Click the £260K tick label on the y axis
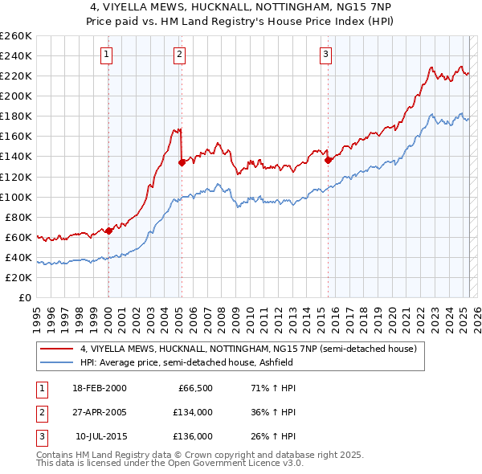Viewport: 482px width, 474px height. [15, 36]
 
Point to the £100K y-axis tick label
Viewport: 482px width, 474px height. [15, 197]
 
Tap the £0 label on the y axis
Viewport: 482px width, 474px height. [26, 298]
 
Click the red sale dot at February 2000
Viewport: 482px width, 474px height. [108, 231]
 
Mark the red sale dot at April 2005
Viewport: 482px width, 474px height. [182, 162]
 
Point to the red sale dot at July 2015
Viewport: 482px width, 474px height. [328, 160]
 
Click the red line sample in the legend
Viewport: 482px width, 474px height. [57, 349]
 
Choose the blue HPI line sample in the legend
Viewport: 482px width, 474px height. [57, 362]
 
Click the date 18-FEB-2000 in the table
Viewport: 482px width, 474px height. [99, 388]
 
